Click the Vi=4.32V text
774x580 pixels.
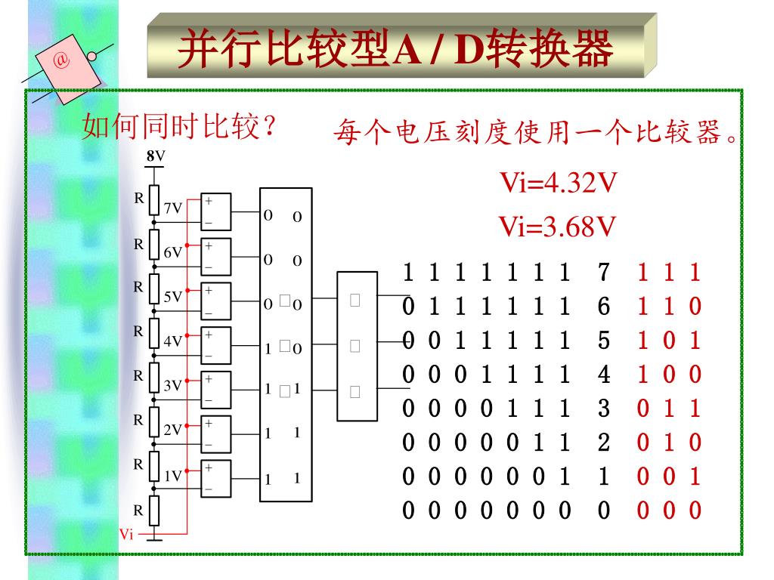tap(556, 182)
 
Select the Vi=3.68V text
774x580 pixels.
tap(556, 226)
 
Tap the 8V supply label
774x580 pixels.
tap(155, 156)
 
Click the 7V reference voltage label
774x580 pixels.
tap(173, 208)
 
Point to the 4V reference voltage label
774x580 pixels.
tap(173, 341)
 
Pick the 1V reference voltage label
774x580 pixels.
tap(173, 476)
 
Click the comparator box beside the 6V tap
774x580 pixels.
tap(215, 257)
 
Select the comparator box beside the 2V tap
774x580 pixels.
tap(215, 435)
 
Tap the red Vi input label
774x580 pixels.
tap(126, 535)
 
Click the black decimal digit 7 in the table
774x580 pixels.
tap(603, 273)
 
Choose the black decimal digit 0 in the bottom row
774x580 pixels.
tap(603, 511)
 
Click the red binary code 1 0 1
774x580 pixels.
tap(669, 341)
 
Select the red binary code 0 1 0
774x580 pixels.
tap(669, 443)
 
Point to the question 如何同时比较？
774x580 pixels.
tap(178, 126)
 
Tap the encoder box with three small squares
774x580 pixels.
tap(357, 346)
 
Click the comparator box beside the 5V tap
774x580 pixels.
tap(215, 301)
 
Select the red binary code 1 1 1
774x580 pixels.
tap(669, 273)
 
